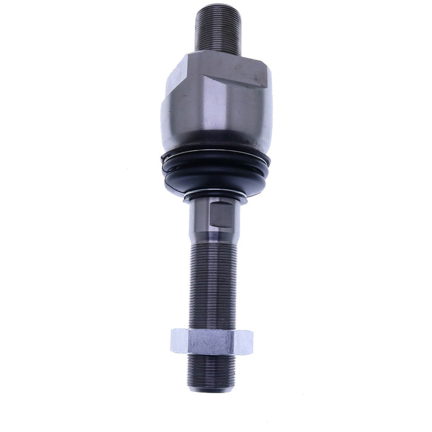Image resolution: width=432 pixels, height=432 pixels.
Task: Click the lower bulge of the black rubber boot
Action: click(216, 179)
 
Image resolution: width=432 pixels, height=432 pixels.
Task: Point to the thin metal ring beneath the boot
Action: click(216, 196)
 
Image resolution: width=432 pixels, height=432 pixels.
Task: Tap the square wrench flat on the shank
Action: click(222, 215)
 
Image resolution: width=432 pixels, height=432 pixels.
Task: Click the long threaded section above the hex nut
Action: click(212, 284)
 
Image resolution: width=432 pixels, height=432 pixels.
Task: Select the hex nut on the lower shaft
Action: click(212, 341)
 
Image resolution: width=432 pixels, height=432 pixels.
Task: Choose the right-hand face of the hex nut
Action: click(244, 342)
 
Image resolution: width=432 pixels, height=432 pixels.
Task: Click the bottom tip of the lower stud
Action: click(212, 388)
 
